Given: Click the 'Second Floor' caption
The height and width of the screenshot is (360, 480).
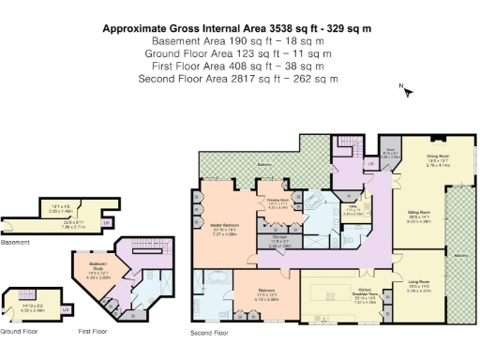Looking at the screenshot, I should click(x=209, y=332).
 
